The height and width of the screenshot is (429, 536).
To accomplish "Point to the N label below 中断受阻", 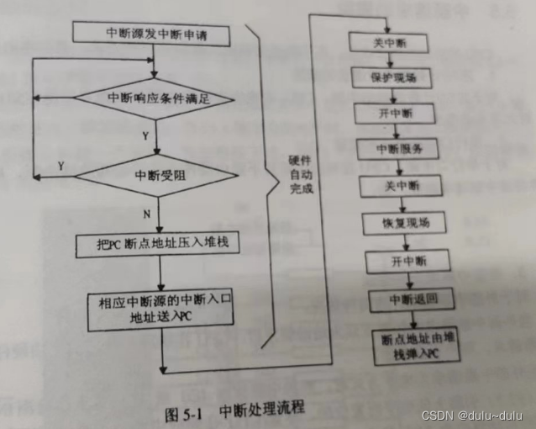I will point(146,214).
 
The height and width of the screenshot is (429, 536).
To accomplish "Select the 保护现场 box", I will point(394,77).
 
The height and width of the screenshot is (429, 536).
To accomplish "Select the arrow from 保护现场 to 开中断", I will point(395,95).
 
